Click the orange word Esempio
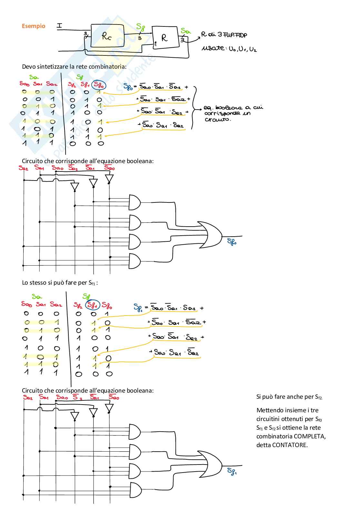tap(34, 26)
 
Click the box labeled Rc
tap(107, 36)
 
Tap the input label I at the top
tap(59, 25)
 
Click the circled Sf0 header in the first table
tap(99, 85)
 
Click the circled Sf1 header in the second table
tap(93, 305)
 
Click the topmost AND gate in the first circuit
tap(135, 202)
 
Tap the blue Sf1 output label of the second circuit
tap(232, 472)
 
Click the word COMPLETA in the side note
tap(309, 436)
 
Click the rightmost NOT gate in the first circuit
tap(109, 178)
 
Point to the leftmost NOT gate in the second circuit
tap(75, 416)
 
